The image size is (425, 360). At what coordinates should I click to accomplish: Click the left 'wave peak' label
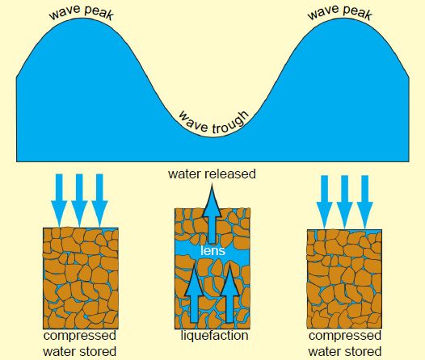[81, 12]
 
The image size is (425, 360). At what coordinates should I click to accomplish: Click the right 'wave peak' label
[339, 12]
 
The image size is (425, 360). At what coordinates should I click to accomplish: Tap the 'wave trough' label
[213, 123]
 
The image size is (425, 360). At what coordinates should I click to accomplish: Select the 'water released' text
[212, 174]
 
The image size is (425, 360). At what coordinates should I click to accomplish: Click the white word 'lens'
[212, 251]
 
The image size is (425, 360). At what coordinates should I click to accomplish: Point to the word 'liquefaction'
[214, 336]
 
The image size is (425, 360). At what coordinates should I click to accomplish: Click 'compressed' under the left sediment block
[80, 336]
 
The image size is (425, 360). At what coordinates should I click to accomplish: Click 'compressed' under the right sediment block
[345, 336]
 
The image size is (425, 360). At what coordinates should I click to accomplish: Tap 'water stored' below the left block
[80, 352]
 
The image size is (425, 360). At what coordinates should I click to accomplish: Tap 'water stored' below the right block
[345, 352]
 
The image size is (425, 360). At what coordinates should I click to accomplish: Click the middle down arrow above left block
[79, 200]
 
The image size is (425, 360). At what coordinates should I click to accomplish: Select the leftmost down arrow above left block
[59, 200]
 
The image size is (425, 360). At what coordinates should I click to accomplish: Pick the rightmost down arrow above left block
[99, 200]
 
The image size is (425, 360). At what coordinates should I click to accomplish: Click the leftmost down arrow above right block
[325, 202]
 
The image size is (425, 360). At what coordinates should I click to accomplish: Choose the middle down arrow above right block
[345, 202]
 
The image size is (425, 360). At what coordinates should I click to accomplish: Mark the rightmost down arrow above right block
[365, 202]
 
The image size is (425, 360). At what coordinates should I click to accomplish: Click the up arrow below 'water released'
[212, 214]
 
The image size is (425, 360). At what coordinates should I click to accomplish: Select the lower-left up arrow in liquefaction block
[194, 294]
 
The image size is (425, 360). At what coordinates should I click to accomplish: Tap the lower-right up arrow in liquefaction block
[229, 294]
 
